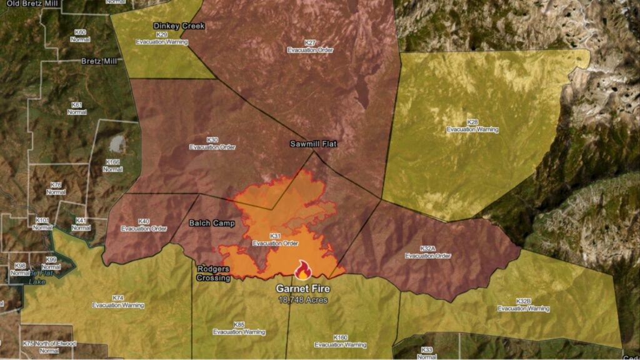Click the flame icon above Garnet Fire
coord(303,270)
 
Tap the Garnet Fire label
coord(303,289)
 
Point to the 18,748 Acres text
coord(303,300)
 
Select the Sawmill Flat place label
coord(313,144)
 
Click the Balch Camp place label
coord(211,222)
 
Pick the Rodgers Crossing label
coord(214,273)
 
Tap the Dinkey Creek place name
coord(179,26)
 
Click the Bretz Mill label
coord(99,61)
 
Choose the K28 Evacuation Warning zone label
coord(472,126)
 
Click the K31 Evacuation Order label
coord(275,239)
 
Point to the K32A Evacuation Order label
coord(427,252)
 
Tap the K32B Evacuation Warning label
coord(523,305)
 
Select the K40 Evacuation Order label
coord(144,225)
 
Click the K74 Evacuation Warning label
coord(118,301)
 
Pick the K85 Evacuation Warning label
coord(239,328)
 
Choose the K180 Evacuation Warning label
coord(340,341)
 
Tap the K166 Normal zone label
coord(113,166)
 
